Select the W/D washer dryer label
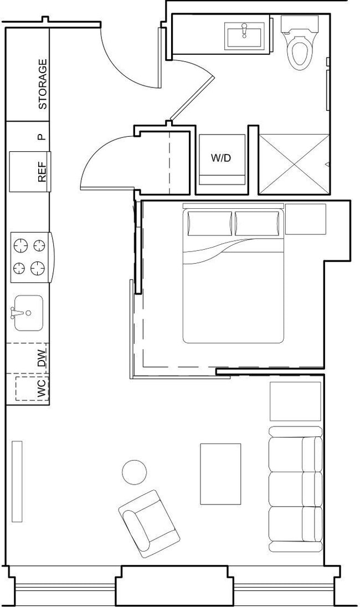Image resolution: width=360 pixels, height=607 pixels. tap(220, 158)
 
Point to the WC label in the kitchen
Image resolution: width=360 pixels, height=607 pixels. tap(42, 389)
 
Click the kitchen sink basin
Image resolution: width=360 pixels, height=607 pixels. tap(28, 312)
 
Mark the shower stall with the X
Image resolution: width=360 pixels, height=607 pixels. tap(294, 164)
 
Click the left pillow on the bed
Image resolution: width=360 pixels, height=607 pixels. tap(209, 223)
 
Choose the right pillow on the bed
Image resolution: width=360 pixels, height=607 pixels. tap(256, 223)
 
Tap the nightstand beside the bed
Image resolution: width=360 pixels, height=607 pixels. tap(305, 219)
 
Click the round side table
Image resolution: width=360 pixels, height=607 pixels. tap(134, 472)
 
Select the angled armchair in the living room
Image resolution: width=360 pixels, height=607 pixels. tap(149, 523)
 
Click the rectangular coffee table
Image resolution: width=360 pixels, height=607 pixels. tap(220, 474)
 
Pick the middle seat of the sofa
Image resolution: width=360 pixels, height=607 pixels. tap(295, 489)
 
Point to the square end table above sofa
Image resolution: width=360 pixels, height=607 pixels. tap(295, 401)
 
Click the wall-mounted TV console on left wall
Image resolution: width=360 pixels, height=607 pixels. tap(17, 481)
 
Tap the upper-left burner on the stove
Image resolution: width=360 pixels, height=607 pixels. tap(20, 245)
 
